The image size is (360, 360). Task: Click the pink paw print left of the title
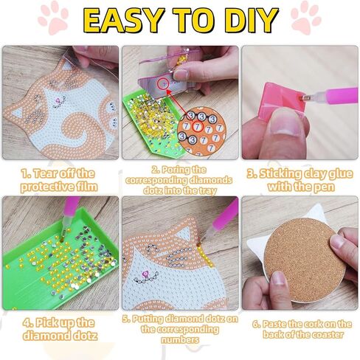[53, 18]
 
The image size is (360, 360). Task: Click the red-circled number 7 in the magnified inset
[197, 127]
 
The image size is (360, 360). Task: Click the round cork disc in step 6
[305, 260]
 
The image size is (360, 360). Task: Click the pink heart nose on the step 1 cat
[58, 100]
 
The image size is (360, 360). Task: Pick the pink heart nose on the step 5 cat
[145, 273]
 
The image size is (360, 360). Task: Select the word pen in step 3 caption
[324, 187]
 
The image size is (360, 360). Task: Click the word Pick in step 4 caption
[47, 322]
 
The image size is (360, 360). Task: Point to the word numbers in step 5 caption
[180, 339]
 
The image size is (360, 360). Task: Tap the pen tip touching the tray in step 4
[62, 238]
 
